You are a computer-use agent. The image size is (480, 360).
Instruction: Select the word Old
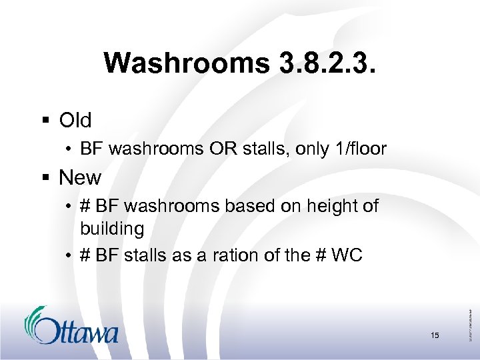pyautogui.click(x=75, y=121)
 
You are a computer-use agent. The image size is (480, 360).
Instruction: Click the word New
pyautogui.click(x=80, y=178)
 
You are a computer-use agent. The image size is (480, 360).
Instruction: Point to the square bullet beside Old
pyautogui.click(x=47, y=121)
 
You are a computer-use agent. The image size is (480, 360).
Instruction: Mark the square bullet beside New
pyautogui.click(x=47, y=178)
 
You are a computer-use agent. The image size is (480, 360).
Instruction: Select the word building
pyautogui.click(x=112, y=229)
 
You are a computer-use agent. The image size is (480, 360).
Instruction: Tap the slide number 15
pyautogui.click(x=435, y=335)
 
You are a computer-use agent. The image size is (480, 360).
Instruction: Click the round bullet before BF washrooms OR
pyautogui.click(x=70, y=149)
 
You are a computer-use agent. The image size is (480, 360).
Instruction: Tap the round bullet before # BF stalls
pyautogui.click(x=70, y=255)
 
